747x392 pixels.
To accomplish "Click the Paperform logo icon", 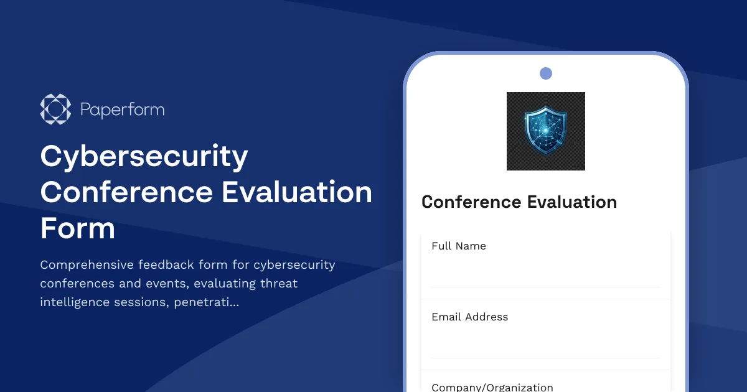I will [x=55, y=110].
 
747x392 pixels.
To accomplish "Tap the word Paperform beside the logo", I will [x=123, y=110].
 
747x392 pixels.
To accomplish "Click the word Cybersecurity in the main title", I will [x=144, y=156].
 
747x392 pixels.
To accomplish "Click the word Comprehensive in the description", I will [x=87, y=265].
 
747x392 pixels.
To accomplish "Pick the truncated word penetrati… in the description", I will [x=211, y=303].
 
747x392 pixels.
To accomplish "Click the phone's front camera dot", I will [x=546, y=73].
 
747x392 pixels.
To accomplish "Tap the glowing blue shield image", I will [x=545, y=131].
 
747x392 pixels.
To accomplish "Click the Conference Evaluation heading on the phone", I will [x=519, y=202].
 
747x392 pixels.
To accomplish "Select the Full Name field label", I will [x=459, y=246].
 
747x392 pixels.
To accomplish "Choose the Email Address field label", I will [x=470, y=317].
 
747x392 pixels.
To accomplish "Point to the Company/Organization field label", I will [x=492, y=387].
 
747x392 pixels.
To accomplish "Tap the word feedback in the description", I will [x=164, y=265].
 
